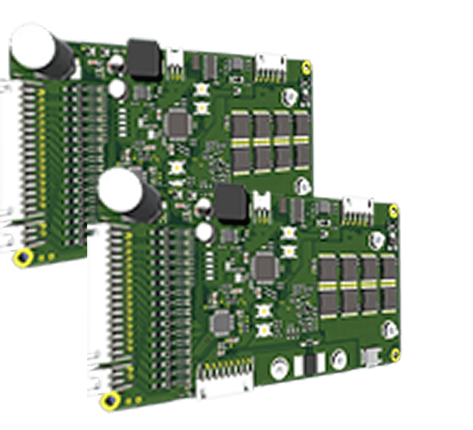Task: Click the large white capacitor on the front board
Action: (120, 191)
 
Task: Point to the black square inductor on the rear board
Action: (144, 59)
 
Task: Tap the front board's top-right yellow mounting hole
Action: (394, 210)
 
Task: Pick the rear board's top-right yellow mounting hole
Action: (307, 67)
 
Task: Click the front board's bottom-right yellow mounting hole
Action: (395, 355)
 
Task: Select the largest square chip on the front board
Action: (265, 266)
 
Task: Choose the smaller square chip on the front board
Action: (221, 321)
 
